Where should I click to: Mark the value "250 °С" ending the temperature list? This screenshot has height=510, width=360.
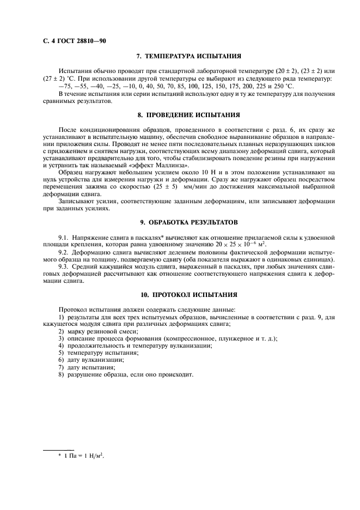284,86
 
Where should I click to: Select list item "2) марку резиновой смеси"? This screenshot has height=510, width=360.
99,331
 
